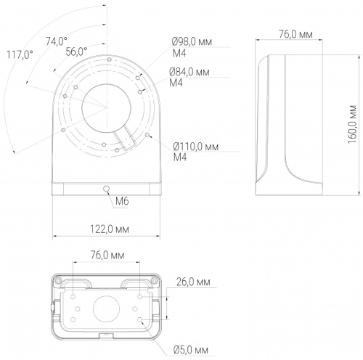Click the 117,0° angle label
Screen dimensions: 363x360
click(x=20, y=54)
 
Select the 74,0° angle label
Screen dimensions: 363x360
click(x=57, y=41)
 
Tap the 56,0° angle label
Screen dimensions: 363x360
click(x=76, y=52)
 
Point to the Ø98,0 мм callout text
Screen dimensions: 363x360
click(x=192, y=41)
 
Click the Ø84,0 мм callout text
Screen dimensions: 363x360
click(x=189, y=72)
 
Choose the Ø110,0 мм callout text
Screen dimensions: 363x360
click(x=196, y=147)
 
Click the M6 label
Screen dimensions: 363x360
click(x=122, y=201)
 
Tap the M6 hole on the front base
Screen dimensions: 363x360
click(x=106, y=189)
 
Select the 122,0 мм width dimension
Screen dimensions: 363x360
click(x=110, y=229)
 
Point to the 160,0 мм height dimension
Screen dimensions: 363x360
click(x=352, y=124)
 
